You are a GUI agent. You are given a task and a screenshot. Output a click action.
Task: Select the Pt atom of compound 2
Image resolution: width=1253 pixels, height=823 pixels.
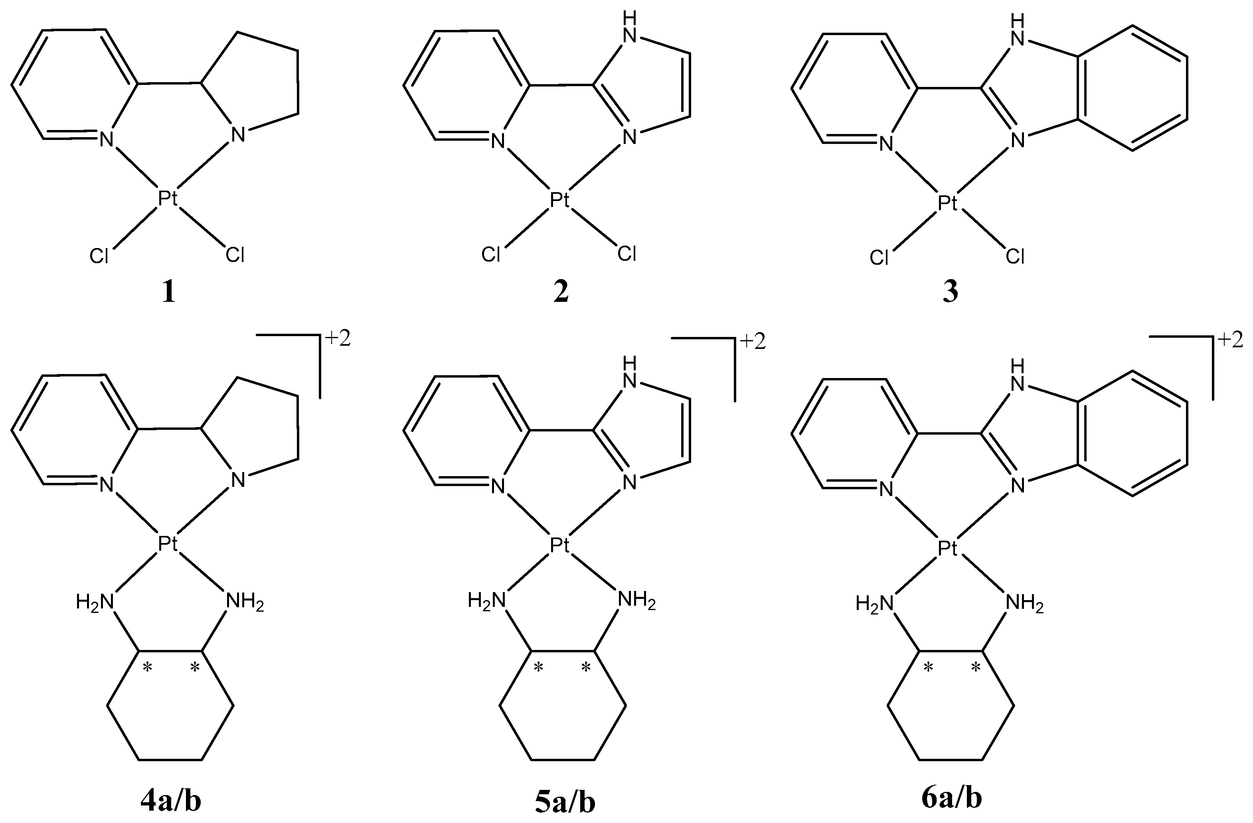tap(559, 200)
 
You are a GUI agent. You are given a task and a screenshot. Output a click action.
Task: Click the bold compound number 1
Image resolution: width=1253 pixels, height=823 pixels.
tap(168, 293)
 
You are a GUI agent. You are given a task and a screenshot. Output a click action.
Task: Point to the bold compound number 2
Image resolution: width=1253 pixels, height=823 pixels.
tap(561, 293)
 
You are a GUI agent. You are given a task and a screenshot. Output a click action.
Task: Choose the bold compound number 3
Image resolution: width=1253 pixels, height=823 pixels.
tap(950, 293)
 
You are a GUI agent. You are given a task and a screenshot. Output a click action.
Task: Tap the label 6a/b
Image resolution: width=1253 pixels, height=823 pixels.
tap(952, 798)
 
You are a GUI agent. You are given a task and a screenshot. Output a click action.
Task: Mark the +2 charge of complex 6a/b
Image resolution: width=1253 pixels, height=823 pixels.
tap(1230, 340)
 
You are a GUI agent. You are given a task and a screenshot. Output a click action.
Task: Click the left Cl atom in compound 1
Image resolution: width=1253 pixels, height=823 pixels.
tap(99, 256)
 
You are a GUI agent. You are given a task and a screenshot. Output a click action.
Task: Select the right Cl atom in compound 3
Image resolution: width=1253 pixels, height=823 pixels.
tap(1015, 257)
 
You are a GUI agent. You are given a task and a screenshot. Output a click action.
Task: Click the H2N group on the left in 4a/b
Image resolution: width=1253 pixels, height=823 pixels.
tap(95, 601)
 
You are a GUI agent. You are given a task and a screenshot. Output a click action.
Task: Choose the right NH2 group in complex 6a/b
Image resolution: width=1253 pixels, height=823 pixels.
tap(1024, 603)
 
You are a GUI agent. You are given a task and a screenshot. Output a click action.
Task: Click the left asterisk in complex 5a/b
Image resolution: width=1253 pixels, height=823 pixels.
tap(539, 668)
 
